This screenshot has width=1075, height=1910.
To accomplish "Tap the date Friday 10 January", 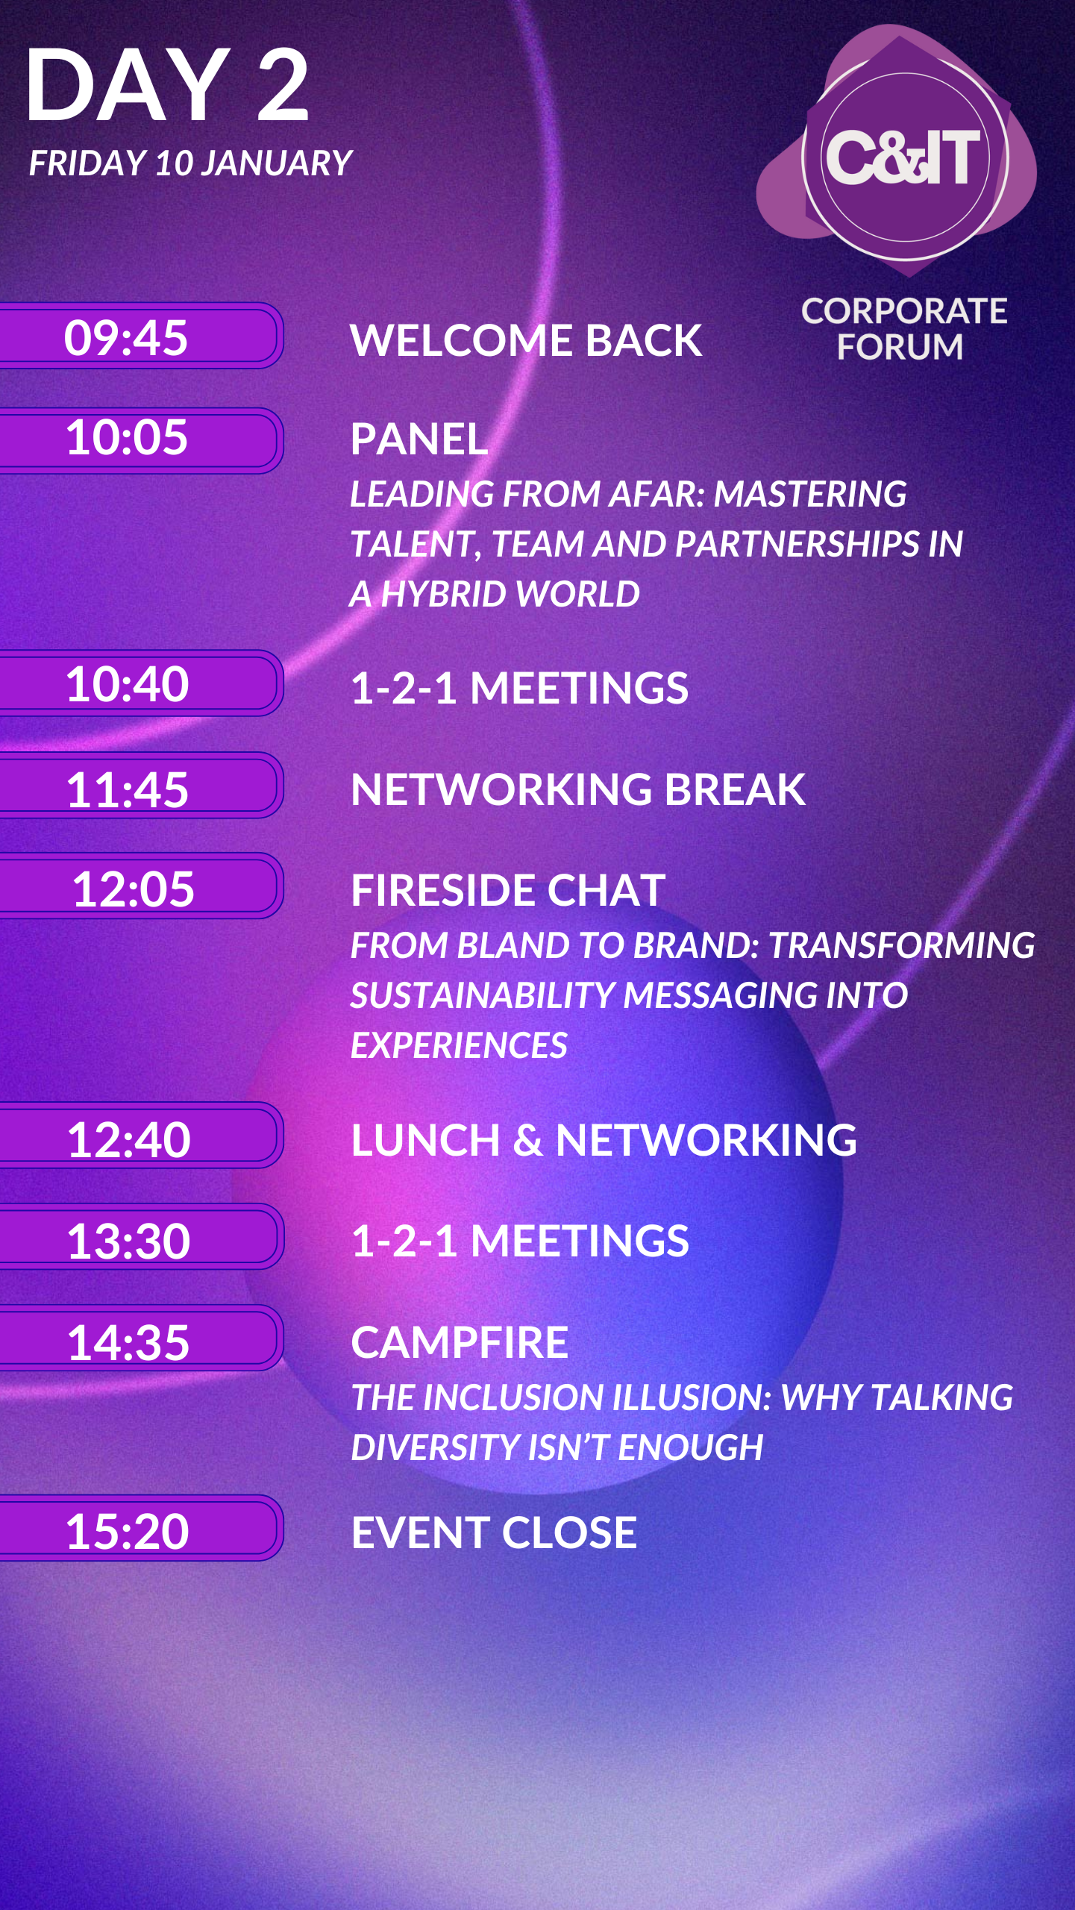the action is (x=190, y=163).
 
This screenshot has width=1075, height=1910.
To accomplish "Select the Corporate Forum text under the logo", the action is (x=904, y=329).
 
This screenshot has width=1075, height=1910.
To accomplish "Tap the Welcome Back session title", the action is (x=526, y=340).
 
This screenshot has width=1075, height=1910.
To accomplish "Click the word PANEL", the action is (x=419, y=439).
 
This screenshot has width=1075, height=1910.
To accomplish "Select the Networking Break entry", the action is (x=578, y=789).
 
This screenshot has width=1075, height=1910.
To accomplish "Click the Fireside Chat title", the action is (x=508, y=890).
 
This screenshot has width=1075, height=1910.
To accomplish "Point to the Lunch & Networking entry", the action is (x=604, y=1140).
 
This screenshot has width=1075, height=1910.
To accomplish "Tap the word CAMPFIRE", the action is (x=460, y=1343).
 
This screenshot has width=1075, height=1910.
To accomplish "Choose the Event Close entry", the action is (x=494, y=1532).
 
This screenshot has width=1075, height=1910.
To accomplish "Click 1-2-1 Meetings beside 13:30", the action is (x=520, y=1241).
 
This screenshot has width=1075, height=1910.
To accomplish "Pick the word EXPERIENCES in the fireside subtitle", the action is (x=459, y=1045).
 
